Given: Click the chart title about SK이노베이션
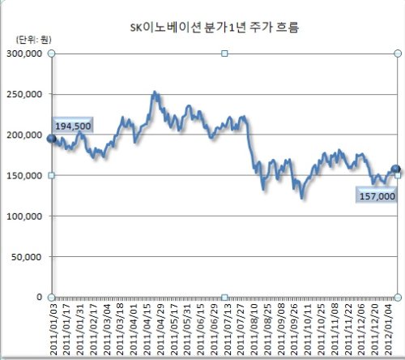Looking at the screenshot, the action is (215, 28).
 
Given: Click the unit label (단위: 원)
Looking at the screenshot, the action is (33, 40).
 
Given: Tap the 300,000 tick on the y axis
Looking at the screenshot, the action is (24, 54).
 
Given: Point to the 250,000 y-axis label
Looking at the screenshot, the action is (24, 94).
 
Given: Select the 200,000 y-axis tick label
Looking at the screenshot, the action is (24, 135).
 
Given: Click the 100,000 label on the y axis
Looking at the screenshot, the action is (24, 216).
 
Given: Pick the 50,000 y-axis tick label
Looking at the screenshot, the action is (27, 257).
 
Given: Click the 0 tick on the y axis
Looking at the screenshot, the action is (40, 297).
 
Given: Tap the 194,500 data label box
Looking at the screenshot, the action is (73, 125).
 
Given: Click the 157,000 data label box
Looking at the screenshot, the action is (377, 195).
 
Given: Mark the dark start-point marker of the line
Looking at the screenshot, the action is (51, 139).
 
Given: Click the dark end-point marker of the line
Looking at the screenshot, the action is (395, 169).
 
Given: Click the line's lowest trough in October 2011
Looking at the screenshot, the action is (302, 198).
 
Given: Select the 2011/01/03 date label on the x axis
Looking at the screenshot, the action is (53, 329).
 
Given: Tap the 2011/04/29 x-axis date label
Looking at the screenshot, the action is (160, 329).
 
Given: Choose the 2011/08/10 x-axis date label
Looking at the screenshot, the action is (254, 329).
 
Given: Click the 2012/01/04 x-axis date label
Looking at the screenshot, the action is (388, 329).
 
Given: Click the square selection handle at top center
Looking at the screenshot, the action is (224, 54).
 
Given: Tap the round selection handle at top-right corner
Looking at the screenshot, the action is (398, 54).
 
